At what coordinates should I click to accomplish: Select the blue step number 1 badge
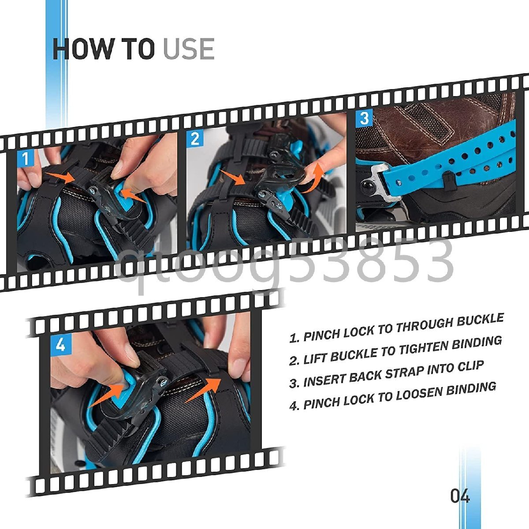tap(26, 158)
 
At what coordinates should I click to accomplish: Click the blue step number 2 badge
tap(195, 138)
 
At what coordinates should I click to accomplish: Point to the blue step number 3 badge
tap(364, 118)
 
